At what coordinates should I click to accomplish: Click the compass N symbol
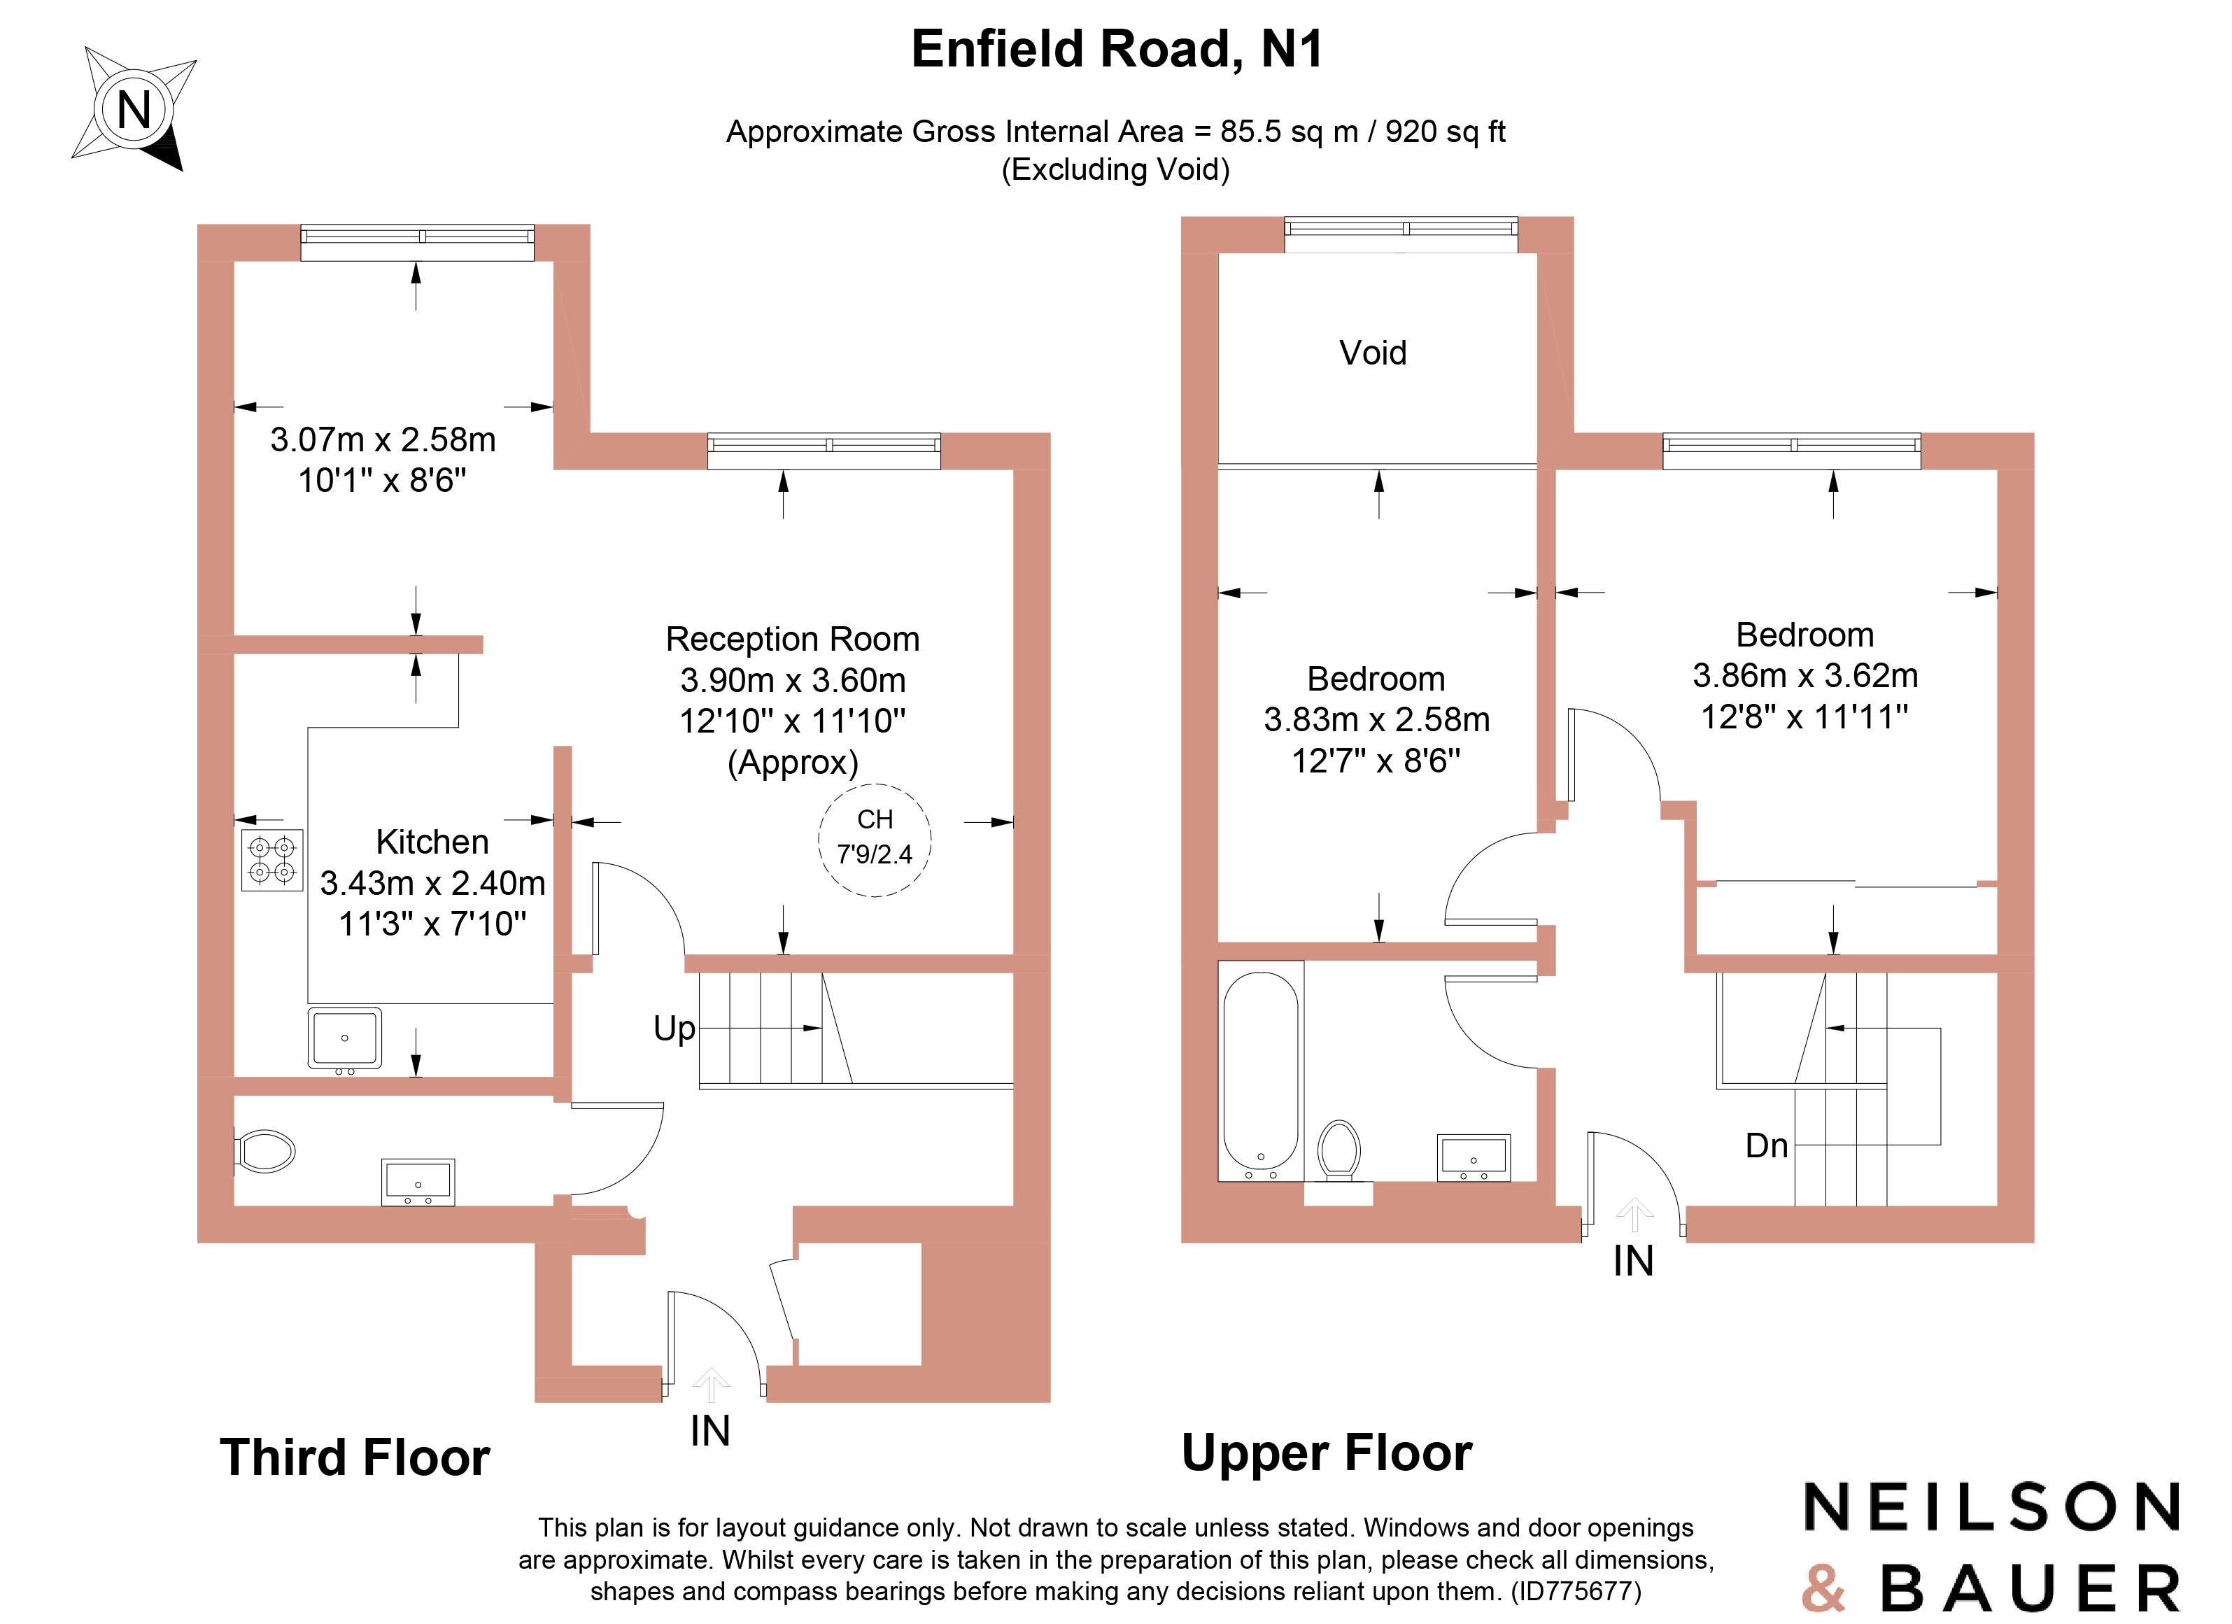(134, 109)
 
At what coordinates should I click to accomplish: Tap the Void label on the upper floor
(1373, 353)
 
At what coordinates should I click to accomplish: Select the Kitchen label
(432, 842)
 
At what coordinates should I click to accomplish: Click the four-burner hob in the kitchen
(271, 860)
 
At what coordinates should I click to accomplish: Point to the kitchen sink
(344, 1038)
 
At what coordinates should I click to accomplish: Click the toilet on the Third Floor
(264, 1150)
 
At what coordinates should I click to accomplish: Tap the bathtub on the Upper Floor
(1261, 1070)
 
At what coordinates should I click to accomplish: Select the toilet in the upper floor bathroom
(1339, 1149)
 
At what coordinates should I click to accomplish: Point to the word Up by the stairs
(674, 1029)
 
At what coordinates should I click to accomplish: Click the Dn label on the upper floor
(1765, 1145)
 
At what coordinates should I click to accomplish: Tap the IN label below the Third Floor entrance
(709, 1431)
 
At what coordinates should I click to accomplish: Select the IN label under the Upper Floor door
(1632, 1261)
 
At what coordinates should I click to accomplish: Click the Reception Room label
(792, 639)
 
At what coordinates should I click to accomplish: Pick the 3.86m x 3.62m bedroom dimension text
(1805, 676)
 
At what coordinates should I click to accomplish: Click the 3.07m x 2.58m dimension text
(383, 439)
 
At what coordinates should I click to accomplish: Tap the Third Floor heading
(354, 1457)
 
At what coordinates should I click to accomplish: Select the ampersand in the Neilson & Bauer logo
(1823, 1588)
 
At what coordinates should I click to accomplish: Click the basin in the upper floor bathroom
(1474, 1157)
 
